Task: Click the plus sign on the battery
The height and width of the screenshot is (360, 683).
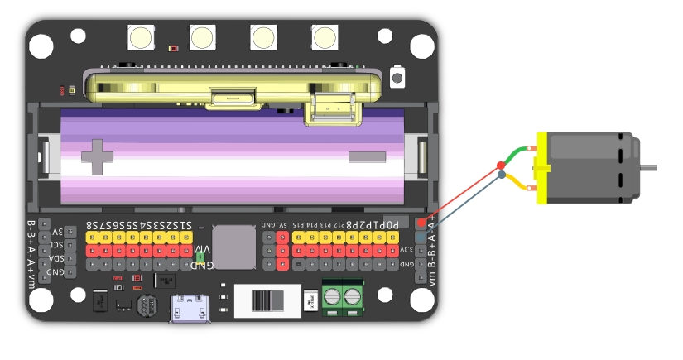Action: coord(98,156)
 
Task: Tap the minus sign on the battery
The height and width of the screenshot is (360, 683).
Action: coord(361,157)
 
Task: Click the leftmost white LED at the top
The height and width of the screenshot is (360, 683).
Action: coord(141,37)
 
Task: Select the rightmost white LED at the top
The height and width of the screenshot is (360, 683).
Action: coord(325,37)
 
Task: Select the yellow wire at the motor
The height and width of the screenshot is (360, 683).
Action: coord(522,183)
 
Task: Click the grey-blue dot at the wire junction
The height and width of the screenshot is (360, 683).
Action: coord(501,175)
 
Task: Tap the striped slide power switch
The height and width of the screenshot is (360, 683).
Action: coord(266,300)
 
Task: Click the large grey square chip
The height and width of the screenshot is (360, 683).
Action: coord(234,246)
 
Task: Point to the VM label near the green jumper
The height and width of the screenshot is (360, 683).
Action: coord(201,249)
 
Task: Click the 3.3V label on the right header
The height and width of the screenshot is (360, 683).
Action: coord(407,249)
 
